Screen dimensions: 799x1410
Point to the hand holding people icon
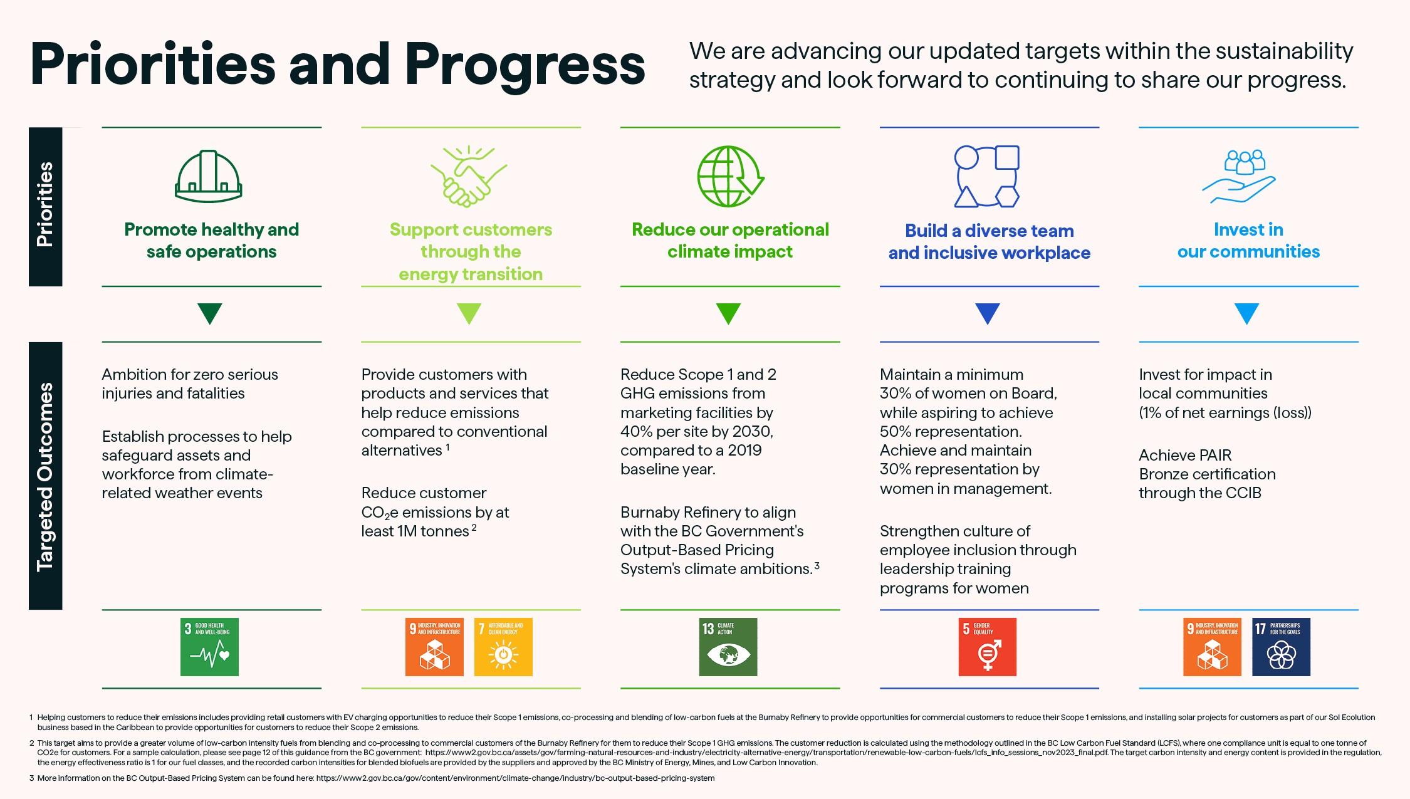coord(1239,177)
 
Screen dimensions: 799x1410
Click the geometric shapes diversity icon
coord(986,176)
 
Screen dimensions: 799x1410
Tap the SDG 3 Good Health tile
coord(209,647)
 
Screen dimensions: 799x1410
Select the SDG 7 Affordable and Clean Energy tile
coord(503,647)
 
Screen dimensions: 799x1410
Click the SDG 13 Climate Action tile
coord(728,647)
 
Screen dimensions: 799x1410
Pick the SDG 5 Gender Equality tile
coord(987,647)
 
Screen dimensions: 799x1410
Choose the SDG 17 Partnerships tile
coord(1281,647)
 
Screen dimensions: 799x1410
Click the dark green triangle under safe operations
coord(210,313)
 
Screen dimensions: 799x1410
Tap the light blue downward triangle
coord(1246,313)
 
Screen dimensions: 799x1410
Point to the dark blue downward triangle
coord(988,313)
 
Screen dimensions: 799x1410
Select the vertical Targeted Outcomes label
coord(45,476)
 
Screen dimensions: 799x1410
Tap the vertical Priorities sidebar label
coord(45,206)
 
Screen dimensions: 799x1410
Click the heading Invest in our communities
coord(1248,241)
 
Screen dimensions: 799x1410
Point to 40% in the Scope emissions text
coord(635,432)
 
